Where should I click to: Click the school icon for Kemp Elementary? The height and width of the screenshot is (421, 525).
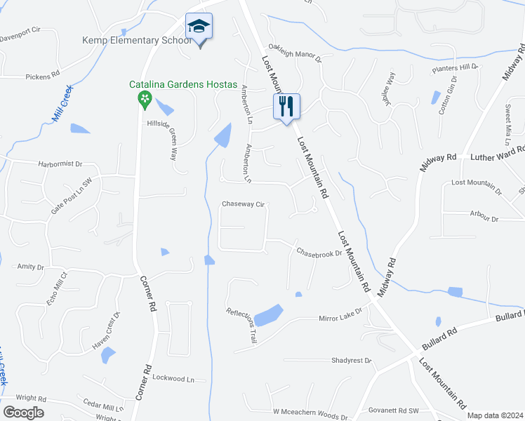(199, 27)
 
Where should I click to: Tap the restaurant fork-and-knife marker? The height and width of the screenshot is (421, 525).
(286, 107)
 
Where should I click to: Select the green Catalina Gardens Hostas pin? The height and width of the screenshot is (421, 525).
(145, 98)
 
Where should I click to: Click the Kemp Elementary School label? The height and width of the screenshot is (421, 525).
(137, 40)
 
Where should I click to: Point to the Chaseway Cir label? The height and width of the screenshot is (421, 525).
(243, 204)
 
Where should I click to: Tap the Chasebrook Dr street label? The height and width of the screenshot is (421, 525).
(318, 252)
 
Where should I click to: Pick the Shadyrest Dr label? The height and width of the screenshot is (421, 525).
(351, 360)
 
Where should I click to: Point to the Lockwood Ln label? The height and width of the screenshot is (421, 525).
(173, 378)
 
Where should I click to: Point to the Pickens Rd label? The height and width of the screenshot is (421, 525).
(42, 76)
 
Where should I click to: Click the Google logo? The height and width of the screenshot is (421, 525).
(23, 413)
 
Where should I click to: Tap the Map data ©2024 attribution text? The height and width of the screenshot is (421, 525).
(495, 415)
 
